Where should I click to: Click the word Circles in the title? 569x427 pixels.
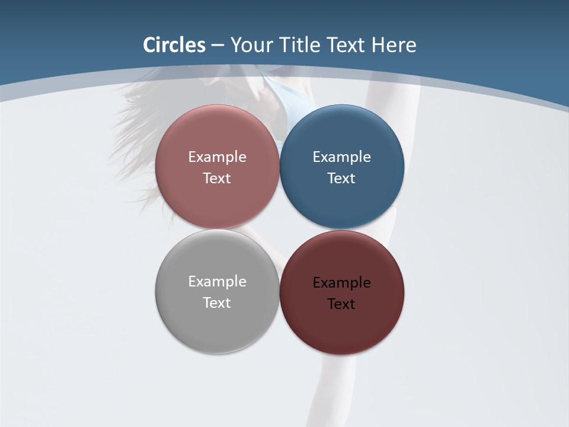[x=174, y=45]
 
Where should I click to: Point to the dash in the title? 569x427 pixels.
[x=218, y=46]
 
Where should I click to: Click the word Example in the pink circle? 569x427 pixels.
[x=217, y=157]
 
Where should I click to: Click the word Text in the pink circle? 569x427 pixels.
[x=217, y=179]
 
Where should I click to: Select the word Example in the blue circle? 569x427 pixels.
[x=341, y=157]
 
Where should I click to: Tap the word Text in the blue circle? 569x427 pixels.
[x=341, y=179]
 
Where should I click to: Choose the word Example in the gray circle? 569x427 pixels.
[x=217, y=282]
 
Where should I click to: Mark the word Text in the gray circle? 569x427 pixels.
[x=217, y=303]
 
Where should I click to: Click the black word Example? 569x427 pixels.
[x=341, y=283]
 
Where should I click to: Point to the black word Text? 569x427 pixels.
[x=341, y=304]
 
